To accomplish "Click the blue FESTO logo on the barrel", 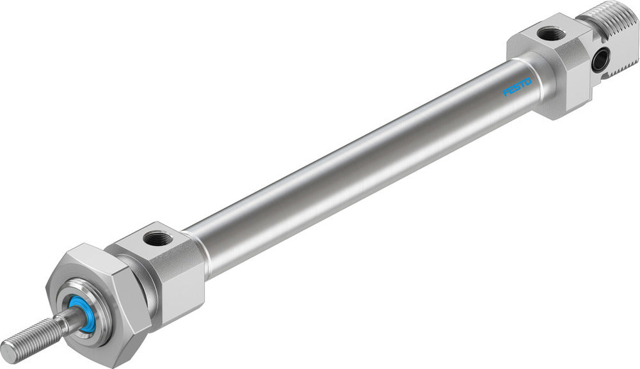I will tap(517, 88).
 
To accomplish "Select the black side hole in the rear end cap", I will tap(600, 61).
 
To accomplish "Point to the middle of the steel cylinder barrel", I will tap(358, 166).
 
